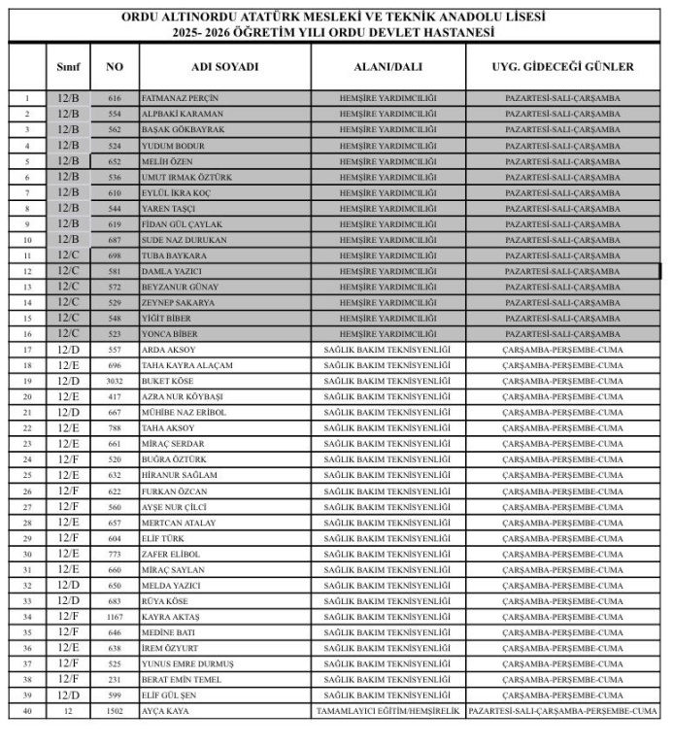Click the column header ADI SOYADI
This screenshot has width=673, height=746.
[x=225, y=67]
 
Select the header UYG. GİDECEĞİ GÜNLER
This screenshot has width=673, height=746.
[x=563, y=67]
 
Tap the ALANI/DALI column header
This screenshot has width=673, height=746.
[x=387, y=67]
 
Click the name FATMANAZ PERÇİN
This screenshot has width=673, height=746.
[x=180, y=98]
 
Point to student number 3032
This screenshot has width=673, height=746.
[x=115, y=381]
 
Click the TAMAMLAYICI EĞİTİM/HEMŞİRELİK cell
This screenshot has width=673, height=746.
[x=387, y=711]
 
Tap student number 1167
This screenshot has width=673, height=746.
[x=115, y=617]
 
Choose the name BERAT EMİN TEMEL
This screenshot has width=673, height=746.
[x=182, y=679]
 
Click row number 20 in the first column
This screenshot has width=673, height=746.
[x=27, y=396]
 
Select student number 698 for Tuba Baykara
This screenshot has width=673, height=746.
[x=115, y=255]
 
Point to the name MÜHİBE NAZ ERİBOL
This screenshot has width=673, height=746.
[x=184, y=412]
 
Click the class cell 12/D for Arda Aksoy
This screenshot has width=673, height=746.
[x=68, y=350]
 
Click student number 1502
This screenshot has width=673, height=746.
[x=115, y=711]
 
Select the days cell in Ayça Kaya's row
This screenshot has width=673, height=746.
[x=563, y=711]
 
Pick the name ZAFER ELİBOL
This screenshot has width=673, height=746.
[x=171, y=554]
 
